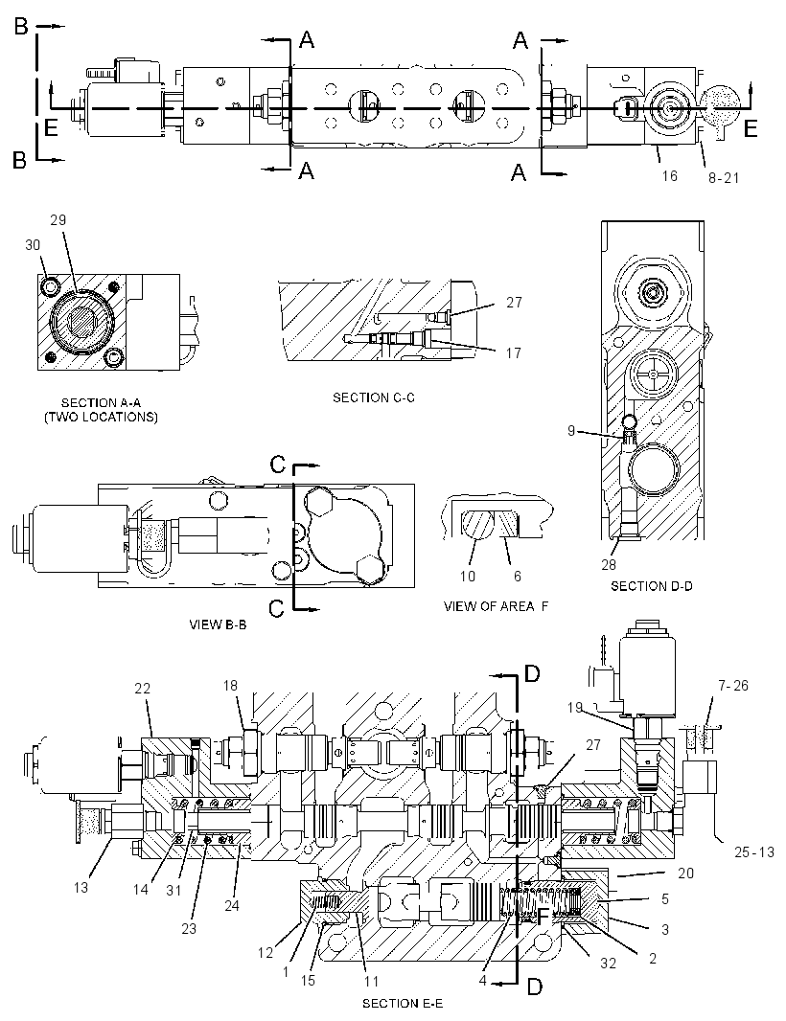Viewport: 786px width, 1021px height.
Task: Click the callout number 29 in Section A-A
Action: click(x=58, y=220)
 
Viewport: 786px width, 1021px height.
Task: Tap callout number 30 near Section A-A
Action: click(x=33, y=245)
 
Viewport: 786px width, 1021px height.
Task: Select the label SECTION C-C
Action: click(x=374, y=397)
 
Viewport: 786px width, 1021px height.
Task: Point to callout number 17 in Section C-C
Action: click(x=514, y=352)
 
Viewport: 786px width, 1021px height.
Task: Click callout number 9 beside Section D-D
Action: click(x=571, y=430)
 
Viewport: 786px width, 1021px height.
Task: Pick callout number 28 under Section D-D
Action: click(x=608, y=564)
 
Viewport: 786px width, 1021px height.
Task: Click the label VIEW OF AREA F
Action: click(x=496, y=606)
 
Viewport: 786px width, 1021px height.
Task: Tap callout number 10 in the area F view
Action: click(x=468, y=577)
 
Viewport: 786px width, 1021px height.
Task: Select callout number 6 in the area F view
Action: click(x=518, y=577)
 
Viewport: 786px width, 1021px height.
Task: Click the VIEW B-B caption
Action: click(x=218, y=625)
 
